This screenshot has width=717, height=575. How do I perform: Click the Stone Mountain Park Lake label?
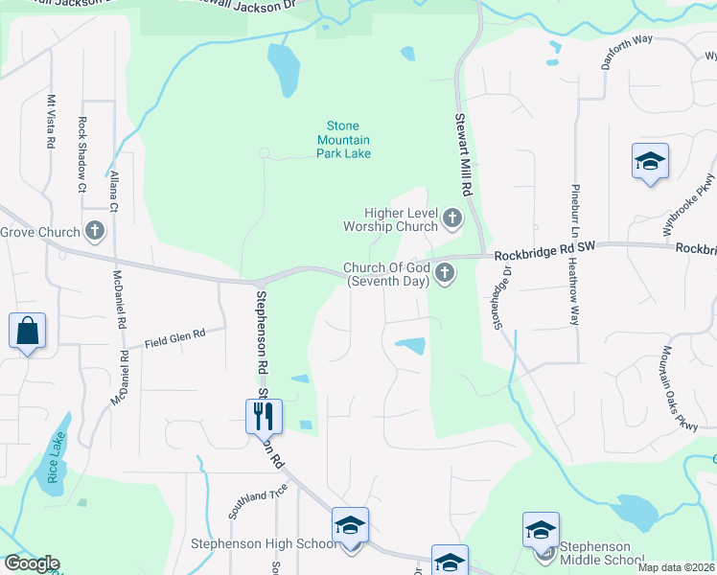pyautogui.click(x=344, y=139)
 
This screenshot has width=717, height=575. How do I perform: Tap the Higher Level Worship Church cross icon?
pyautogui.click(x=452, y=220)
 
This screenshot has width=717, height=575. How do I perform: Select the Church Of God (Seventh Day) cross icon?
pyautogui.click(x=444, y=274)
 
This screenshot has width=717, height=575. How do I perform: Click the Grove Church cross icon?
pyautogui.click(x=94, y=231)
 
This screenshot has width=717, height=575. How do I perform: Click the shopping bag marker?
pyautogui.click(x=27, y=332)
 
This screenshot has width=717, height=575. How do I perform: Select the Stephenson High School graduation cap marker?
pyautogui.click(x=350, y=526)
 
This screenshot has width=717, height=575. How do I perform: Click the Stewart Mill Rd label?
pyautogui.click(x=460, y=145)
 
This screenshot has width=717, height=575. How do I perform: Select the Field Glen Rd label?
pyautogui.click(x=174, y=338)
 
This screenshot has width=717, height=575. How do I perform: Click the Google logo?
pyautogui.click(x=31, y=563)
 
